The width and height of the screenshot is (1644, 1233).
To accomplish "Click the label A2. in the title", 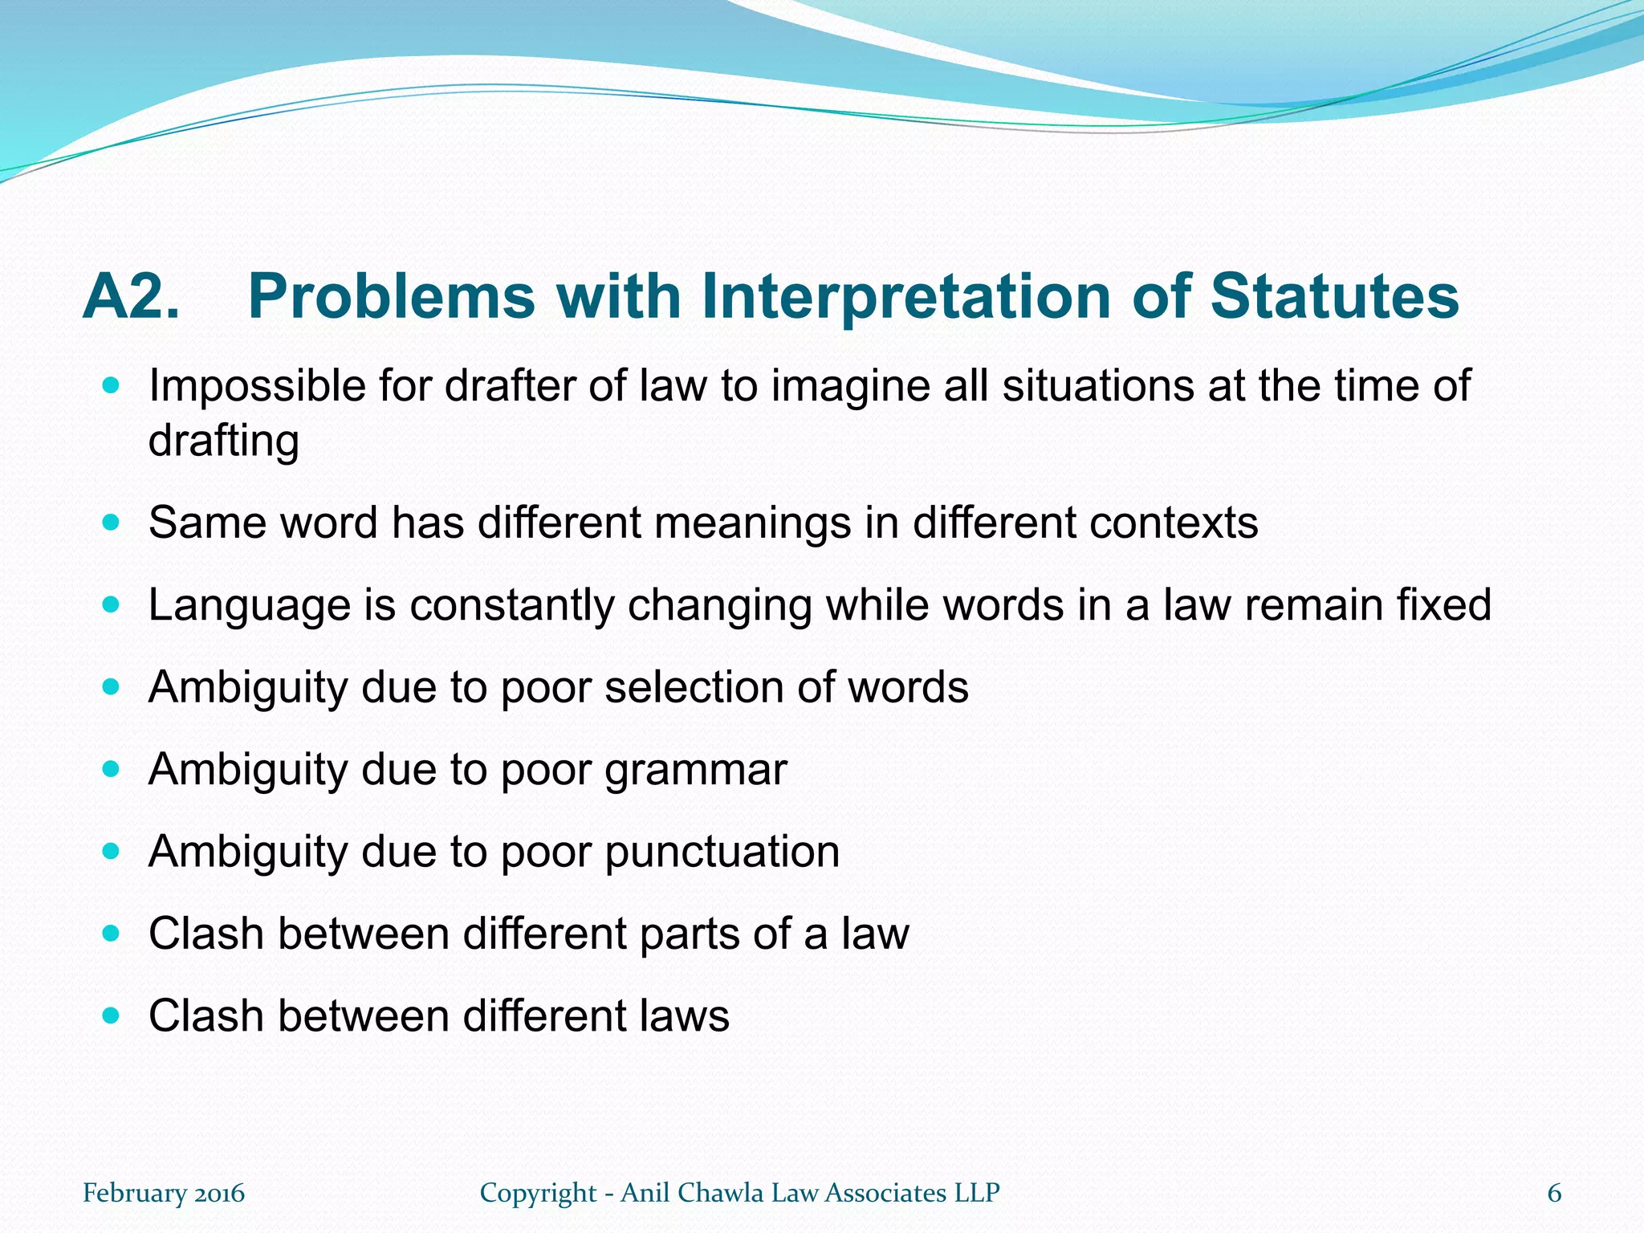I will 131,297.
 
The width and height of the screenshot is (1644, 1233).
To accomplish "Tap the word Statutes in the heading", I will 1334,297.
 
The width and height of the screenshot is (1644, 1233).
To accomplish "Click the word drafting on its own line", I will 224,441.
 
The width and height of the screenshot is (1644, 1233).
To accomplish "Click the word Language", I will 249,606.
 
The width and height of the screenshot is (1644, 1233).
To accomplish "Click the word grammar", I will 695,771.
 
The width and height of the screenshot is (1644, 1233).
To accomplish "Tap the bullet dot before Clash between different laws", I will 111,1016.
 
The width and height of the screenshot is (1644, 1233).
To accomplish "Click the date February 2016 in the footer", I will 164,1194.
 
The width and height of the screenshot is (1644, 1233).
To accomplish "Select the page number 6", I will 1554,1194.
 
